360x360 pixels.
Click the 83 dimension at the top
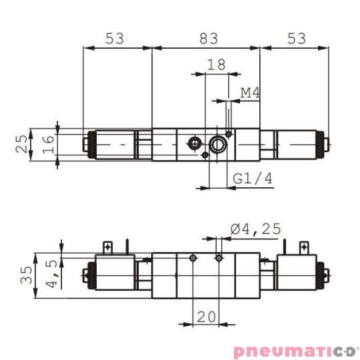pyautogui.click(x=209, y=39)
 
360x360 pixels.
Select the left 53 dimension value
pyautogui.click(x=115, y=39)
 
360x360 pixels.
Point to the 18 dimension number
pyautogui.click(x=216, y=65)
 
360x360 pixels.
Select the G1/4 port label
pyautogui.click(x=253, y=179)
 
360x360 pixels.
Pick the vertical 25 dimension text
pyautogui.click(x=23, y=143)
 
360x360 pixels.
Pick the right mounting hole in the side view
pyautogui.click(x=219, y=258)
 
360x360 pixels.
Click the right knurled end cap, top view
pyautogui.click(x=323, y=143)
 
